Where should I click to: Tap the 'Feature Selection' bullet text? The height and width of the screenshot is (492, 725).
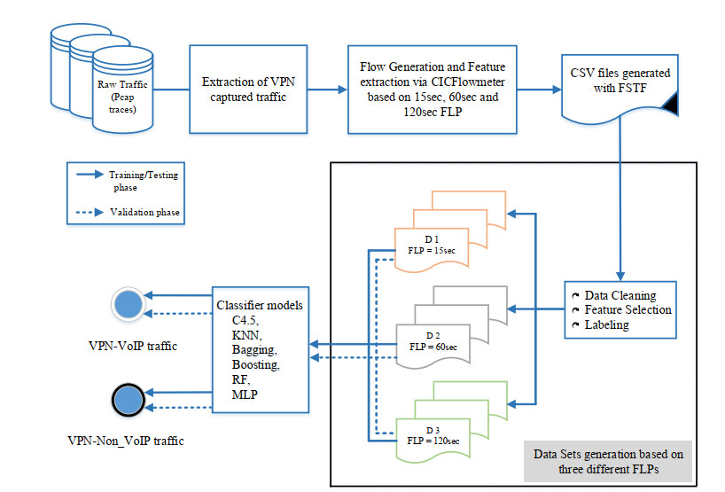pyautogui.click(x=628, y=309)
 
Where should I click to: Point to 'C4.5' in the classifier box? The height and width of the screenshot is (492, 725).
pyautogui.click(x=234, y=319)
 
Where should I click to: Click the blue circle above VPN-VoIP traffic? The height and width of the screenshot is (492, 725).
pyautogui.click(x=129, y=304)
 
